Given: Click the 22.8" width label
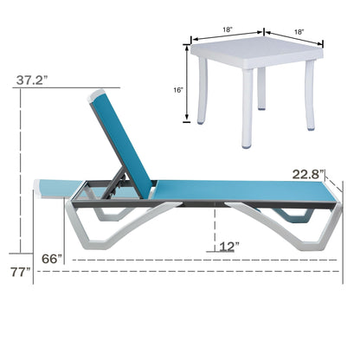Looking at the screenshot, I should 307,174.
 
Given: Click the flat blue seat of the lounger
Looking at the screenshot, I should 234,189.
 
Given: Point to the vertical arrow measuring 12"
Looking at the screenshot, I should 214,229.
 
